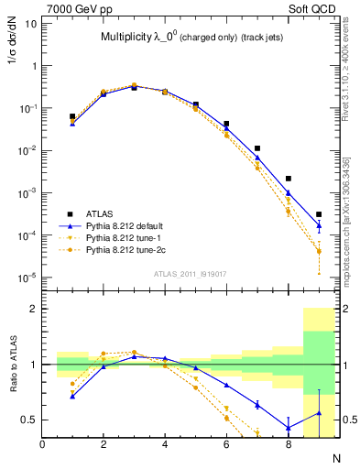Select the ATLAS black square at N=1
point(72,116)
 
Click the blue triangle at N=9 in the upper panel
point(319,225)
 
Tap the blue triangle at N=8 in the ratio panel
point(289,428)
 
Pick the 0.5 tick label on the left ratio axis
point(29,420)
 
